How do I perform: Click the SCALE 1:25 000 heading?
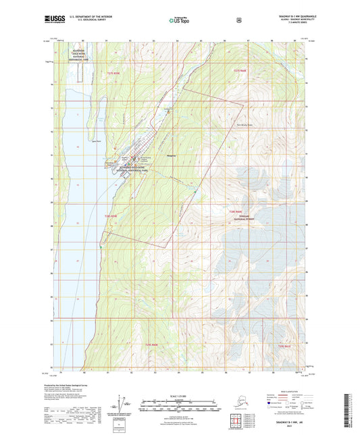(179, 394)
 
